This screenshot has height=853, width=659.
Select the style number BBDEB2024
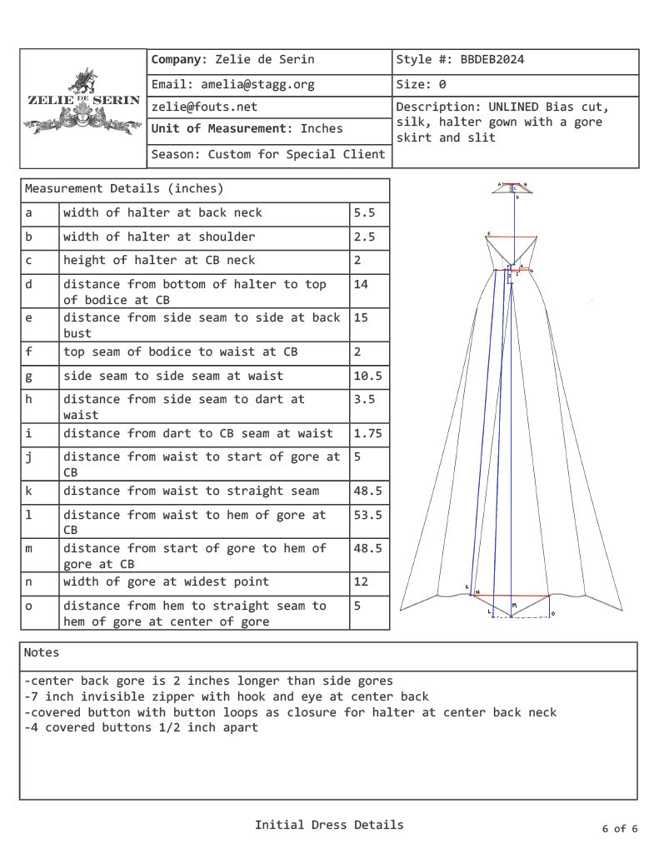coord(492,60)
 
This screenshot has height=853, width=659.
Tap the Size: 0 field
coord(421,84)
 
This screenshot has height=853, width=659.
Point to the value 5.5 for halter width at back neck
coord(364,212)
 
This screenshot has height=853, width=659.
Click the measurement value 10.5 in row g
coord(367,376)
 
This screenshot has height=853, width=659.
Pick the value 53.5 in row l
coord(367,515)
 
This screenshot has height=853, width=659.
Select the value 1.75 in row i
coord(367,433)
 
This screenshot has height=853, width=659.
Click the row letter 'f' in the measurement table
coord(28,352)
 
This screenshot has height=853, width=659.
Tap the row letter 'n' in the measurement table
coord(28,581)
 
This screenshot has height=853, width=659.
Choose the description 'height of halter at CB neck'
coord(159,260)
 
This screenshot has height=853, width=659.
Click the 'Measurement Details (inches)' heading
coord(124,189)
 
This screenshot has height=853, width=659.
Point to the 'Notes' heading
coord(42,652)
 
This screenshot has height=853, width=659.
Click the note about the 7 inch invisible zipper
coord(227,696)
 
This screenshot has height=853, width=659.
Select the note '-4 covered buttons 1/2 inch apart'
coord(142,727)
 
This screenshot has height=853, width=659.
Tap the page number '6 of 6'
coord(619,829)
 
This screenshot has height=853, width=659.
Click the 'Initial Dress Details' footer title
coord(329,825)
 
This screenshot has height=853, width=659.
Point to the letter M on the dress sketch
coord(514,605)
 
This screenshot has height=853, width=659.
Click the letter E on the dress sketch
coord(488,233)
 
